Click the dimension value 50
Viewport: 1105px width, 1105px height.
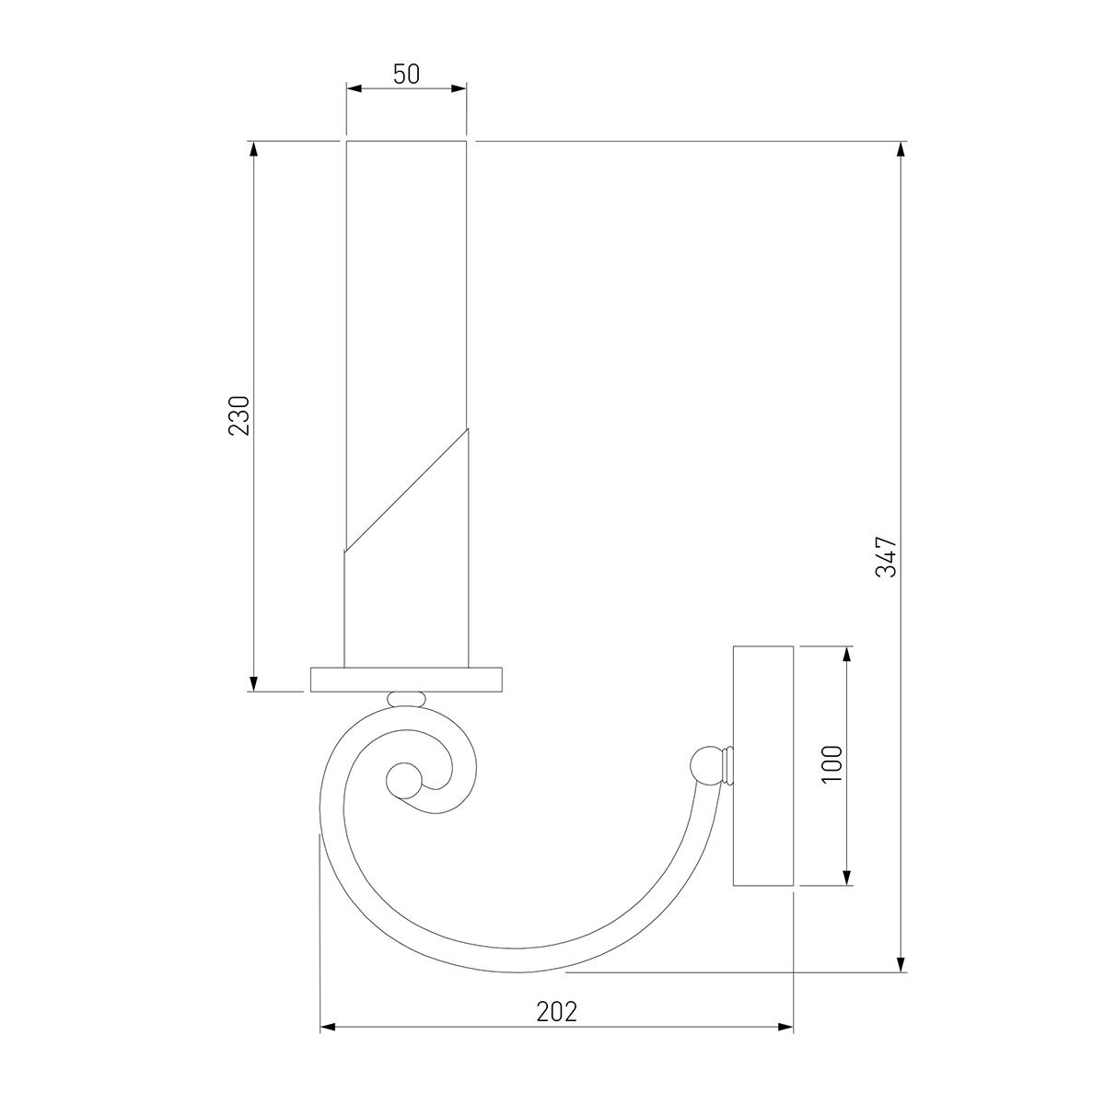407,75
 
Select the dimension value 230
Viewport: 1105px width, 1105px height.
239,415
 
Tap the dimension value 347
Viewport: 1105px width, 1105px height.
886,556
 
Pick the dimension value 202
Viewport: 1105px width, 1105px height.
557,1012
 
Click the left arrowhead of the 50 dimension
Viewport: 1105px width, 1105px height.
355,88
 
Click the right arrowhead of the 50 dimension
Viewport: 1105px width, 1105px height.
459,88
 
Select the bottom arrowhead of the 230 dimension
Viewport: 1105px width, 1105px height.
254,683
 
